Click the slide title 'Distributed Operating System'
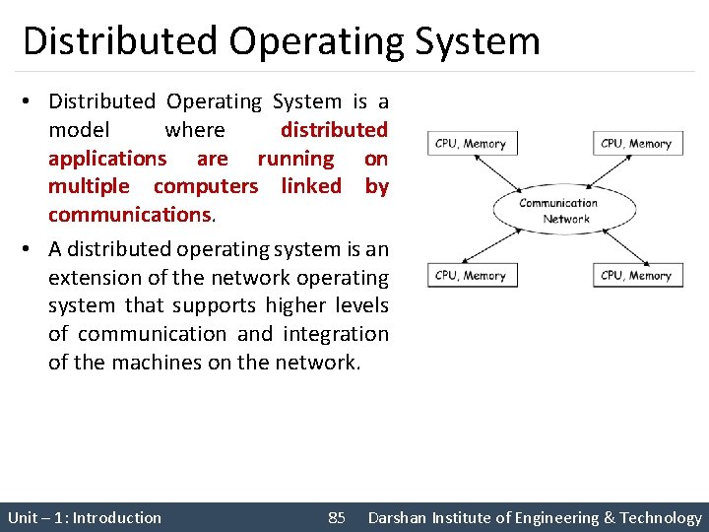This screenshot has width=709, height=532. tap(282, 41)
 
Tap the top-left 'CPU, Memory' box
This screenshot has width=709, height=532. tap(471, 144)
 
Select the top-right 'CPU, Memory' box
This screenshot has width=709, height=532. tap(636, 144)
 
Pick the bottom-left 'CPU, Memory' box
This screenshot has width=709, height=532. tap(471, 276)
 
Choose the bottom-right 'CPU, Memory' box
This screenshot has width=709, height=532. tap(636, 276)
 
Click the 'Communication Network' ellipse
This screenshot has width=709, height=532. tap(558, 211)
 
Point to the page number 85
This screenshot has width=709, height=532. tap(337, 517)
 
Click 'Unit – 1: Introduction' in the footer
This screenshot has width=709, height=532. tap(85, 517)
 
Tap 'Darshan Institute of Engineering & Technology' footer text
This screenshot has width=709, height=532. tap(535, 517)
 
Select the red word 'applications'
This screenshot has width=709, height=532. tap(107, 159)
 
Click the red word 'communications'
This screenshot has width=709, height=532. tap(129, 214)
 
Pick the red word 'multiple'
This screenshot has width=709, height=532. tap(89, 186)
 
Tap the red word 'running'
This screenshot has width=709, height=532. tap(295, 159)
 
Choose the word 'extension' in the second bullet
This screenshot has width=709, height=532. tap(95, 278)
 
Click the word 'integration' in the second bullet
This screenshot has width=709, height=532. tap(336, 334)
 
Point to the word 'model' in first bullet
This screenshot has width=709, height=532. tap(80, 130)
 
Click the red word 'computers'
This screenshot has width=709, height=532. tap(206, 186)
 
